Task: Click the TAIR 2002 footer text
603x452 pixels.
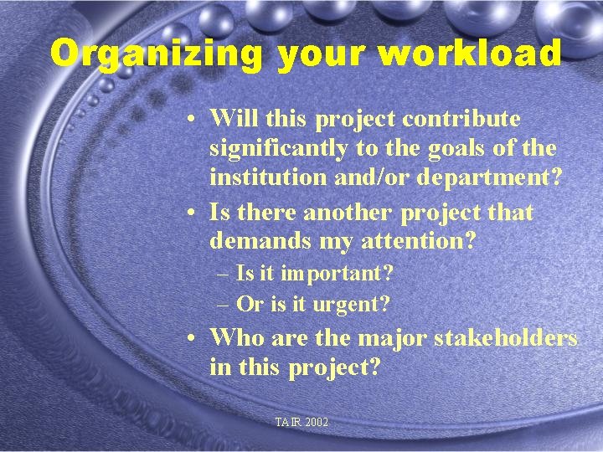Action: [x=301, y=423]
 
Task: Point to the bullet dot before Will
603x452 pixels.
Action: [x=193, y=120]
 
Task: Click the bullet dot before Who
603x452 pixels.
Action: [x=193, y=338]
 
